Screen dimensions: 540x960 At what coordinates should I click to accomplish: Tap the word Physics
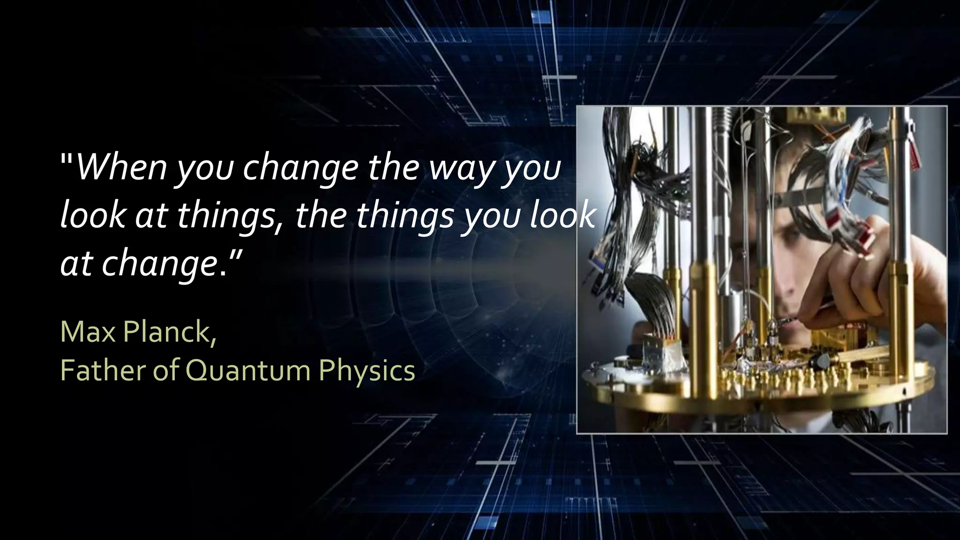click(x=367, y=371)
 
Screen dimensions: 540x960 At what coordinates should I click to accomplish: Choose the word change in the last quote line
click(x=159, y=265)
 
